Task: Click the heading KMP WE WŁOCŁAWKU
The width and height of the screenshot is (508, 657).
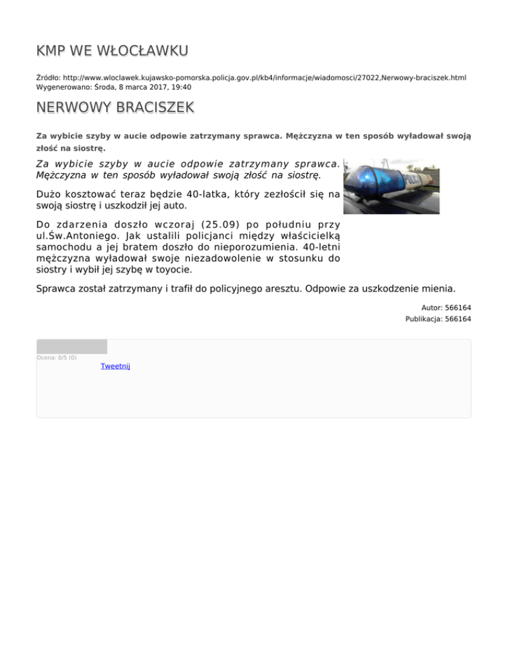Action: [x=112, y=51]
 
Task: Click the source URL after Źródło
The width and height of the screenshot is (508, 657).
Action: [x=265, y=77]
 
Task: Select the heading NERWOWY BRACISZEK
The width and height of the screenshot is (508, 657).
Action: [x=115, y=107]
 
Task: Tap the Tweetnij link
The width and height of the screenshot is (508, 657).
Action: [x=115, y=366]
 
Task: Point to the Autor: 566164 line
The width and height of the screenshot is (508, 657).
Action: [x=446, y=307]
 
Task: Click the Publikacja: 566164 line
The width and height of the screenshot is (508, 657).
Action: [x=438, y=319]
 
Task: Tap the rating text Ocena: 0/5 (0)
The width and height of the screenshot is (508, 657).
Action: [x=56, y=358]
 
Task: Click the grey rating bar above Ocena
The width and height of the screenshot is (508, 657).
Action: [x=71, y=346]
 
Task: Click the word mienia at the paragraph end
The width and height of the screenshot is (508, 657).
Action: [x=438, y=288]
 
